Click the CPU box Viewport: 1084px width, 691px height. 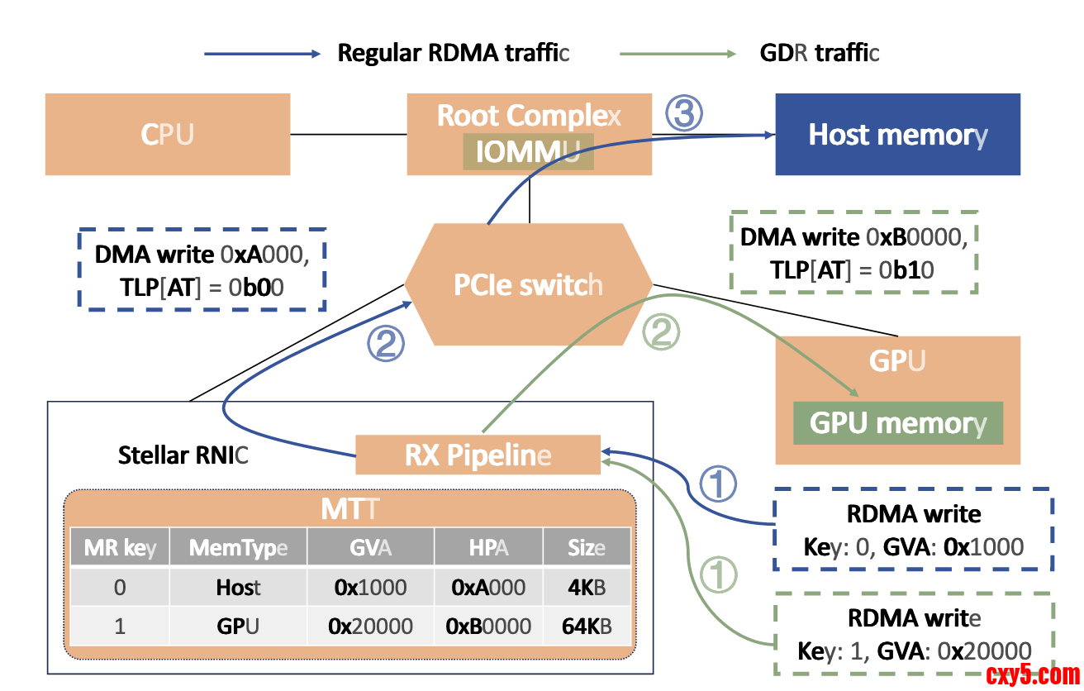pos(168,134)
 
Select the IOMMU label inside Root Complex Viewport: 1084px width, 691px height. pos(528,152)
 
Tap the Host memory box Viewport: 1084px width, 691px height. pos(897,134)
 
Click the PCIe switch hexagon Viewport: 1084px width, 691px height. pos(528,284)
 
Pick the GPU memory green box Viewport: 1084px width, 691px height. pos(897,422)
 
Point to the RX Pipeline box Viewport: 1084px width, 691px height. pos(478,455)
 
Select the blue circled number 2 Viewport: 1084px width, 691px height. pos(386,344)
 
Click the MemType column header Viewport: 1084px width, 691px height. pos(238,547)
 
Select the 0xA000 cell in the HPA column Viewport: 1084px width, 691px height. pos(488,588)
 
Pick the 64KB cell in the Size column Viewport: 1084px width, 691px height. pos(587,626)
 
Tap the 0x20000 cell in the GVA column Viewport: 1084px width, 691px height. pos(370,626)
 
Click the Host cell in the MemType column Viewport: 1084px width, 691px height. pos(238,588)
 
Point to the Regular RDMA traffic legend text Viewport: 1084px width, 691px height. pos(454,54)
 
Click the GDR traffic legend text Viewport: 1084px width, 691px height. pos(819,54)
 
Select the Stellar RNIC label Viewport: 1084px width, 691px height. pos(183,455)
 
